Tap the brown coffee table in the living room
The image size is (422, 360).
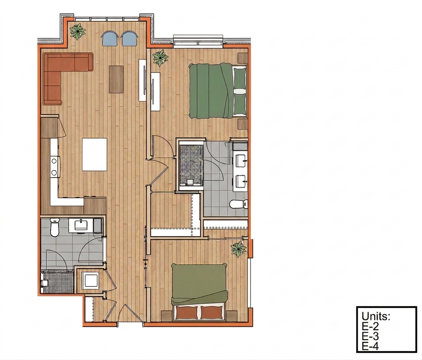(116, 79)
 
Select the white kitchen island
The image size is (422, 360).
(95, 154)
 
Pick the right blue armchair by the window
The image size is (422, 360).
(130, 38)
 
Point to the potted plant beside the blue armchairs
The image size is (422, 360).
(78, 31)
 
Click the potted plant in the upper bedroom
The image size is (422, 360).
(161, 58)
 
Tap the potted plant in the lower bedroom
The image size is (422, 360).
(238, 250)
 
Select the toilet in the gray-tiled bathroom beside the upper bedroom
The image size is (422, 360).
(238, 204)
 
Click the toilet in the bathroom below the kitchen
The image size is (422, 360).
(54, 227)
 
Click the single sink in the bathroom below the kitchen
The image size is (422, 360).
(81, 225)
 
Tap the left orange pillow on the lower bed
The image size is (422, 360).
(187, 312)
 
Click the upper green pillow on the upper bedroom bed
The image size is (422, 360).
(240, 78)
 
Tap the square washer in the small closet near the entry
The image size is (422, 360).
(90, 281)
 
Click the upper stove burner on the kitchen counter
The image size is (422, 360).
(54, 161)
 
